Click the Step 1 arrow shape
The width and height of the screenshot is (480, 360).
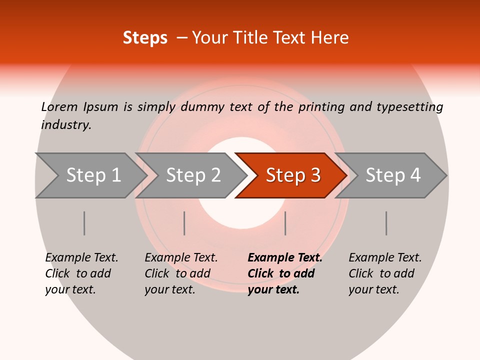click(x=90, y=175)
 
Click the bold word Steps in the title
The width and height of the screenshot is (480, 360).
click(x=145, y=38)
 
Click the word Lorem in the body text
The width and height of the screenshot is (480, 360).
click(x=59, y=106)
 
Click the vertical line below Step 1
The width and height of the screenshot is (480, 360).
click(x=84, y=223)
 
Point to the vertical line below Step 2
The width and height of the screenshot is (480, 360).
click(x=184, y=223)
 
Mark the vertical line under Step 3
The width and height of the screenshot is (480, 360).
click(x=285, y=223)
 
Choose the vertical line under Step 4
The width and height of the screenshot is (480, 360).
click(x=386, y=223)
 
